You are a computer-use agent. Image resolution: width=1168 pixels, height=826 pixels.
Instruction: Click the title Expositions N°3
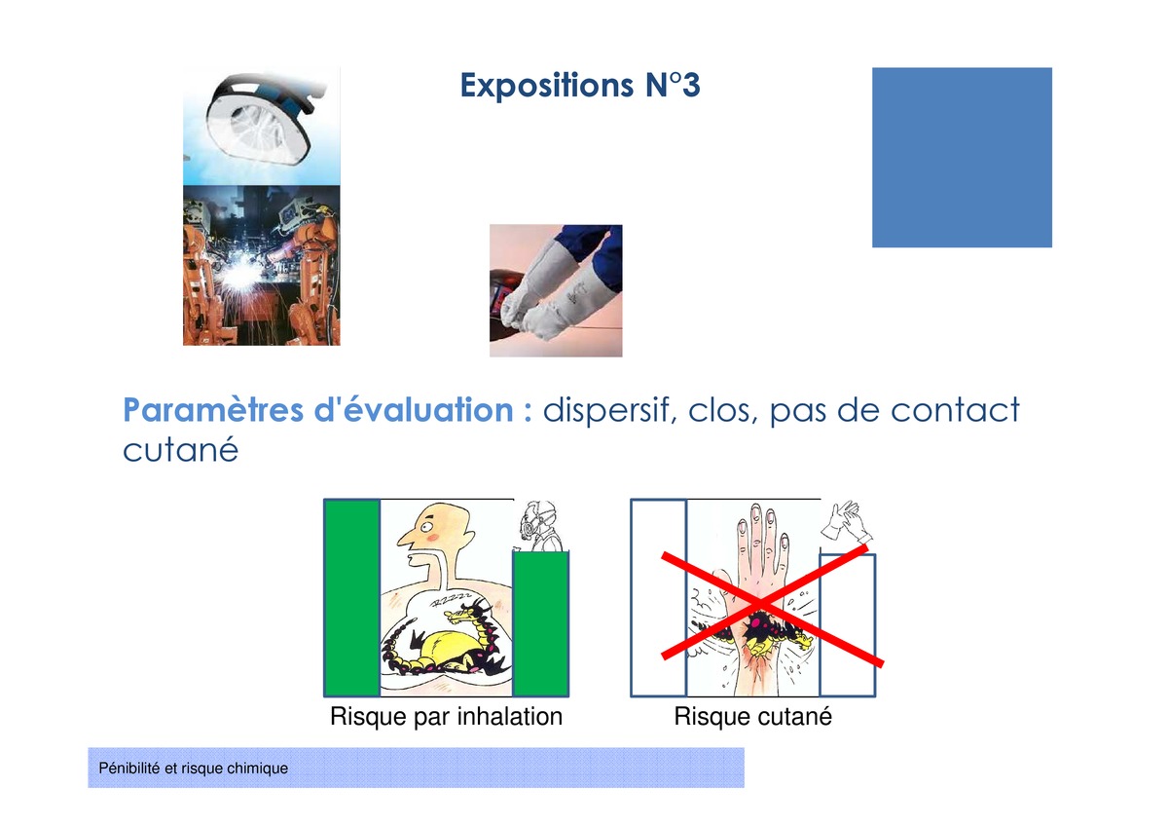coord(580,85)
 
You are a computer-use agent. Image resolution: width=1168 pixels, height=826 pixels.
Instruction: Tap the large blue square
coord(962,157)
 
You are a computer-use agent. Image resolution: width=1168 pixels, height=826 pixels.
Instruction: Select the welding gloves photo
coord(556,290)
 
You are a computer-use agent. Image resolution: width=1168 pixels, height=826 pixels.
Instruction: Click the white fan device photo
coord(261,126)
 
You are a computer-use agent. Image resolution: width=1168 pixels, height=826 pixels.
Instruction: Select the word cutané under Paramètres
coord(180,450)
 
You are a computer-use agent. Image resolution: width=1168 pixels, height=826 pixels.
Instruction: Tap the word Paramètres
coord(214,410)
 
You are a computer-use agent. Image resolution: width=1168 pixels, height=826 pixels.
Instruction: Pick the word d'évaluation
coord(414,410)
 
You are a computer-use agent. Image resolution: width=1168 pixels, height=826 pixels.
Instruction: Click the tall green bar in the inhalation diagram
coord(352,598)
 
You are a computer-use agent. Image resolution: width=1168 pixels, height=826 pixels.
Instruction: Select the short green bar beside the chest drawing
coord(541,624)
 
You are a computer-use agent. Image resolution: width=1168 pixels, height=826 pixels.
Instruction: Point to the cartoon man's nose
coord(406,539)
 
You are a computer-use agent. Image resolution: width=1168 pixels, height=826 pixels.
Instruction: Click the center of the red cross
coord(761,604)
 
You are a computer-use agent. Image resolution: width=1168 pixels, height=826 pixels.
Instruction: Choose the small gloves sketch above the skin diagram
coord(846,523)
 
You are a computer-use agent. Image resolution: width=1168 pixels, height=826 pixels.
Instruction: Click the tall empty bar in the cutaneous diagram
coord(659,598)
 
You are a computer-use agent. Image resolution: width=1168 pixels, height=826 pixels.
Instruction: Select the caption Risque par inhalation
coord(447,717)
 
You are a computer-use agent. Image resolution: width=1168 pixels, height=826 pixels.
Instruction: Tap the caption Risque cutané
coord(753,716)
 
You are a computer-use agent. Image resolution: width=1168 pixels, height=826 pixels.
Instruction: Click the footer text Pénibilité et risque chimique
coord(193,769)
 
